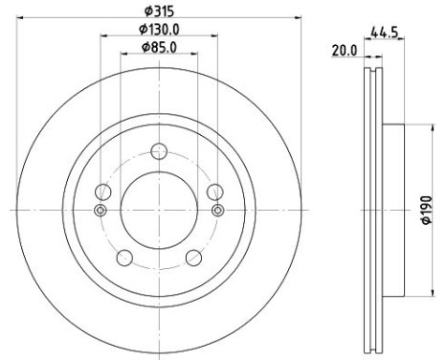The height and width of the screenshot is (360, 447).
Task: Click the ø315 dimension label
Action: pos(159,11)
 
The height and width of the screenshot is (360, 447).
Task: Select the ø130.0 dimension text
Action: pos(159,30)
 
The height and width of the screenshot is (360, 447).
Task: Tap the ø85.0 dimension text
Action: pos(159,48)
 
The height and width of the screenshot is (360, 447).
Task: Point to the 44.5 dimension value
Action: pos(384,33)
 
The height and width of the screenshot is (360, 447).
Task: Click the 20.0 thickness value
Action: pos(345,51)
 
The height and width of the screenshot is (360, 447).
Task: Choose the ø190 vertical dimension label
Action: pos(428,210)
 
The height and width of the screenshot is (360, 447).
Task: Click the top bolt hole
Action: pos(159,151)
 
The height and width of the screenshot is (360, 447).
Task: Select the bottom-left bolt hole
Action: pos(124,258)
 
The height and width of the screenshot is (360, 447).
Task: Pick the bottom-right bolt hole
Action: pos(193,258)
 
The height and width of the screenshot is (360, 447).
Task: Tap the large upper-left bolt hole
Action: pos(103,191)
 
